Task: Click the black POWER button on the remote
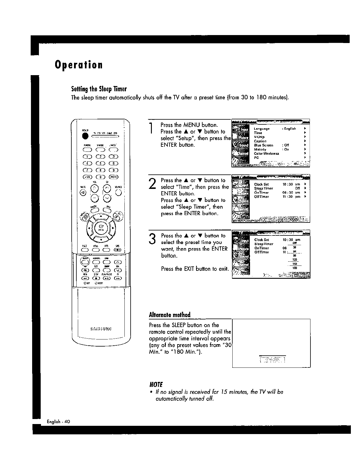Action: [x=85, y=136]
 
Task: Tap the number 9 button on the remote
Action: [x=114, y=170]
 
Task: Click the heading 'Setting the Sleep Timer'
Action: [x=99, y=89]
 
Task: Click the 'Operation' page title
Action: [x=78, y=65]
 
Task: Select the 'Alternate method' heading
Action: [x=170, y=315]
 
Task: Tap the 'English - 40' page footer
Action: [x=58, y=421]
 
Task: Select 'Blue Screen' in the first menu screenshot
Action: [x=263, y=145]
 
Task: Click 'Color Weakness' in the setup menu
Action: [x=266, y=154]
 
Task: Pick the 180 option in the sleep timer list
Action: [x=294, y=268]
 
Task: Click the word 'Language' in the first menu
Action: [x=262, y=129]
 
